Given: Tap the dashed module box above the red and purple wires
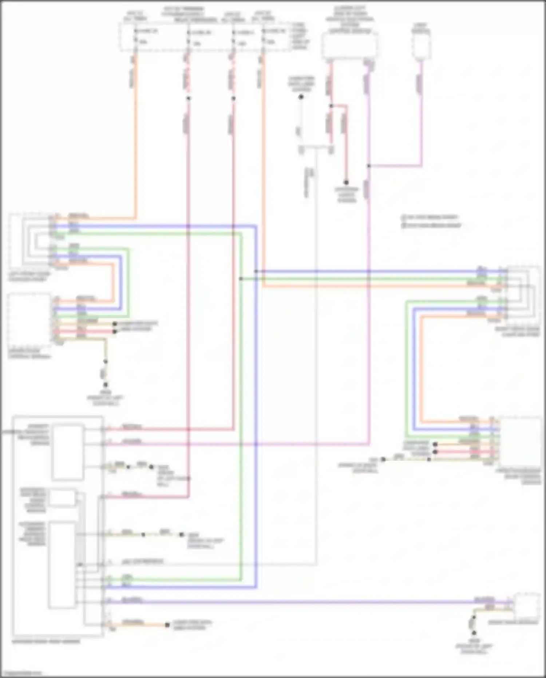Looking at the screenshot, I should (349, 46).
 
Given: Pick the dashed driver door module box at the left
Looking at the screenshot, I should (29, 321).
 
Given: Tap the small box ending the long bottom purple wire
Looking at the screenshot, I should (526, 605).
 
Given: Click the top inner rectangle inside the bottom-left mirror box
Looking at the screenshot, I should (68, 452).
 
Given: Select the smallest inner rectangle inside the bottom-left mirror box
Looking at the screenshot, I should (63, 498).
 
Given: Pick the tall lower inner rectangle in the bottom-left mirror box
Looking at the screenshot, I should (62, 565).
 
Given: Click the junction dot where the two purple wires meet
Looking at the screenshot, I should (368, 166).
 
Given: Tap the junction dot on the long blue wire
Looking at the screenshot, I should (256, 271).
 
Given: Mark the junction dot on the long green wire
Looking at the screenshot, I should (241, 279).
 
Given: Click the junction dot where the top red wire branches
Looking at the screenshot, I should (331, 106).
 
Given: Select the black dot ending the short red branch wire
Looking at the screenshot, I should (346, 182).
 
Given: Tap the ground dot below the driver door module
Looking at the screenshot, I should (106, 385).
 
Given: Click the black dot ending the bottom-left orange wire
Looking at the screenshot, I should (167, 625).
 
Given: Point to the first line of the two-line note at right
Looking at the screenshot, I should (430, 217).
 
